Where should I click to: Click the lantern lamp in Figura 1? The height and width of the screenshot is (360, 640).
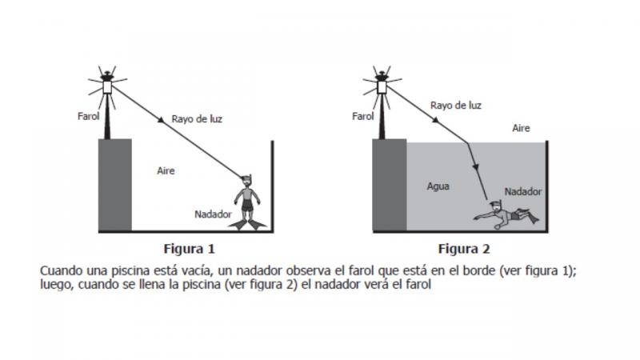pos(107,87)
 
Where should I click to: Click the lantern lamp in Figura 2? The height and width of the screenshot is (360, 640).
pos(382,87)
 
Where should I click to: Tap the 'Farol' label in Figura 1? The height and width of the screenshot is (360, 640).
pos(88,116)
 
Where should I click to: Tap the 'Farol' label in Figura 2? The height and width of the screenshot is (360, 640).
pos(363,116)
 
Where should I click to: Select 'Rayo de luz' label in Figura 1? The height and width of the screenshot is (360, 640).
pos(197,119)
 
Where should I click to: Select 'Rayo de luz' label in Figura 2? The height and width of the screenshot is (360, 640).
pos(455,106)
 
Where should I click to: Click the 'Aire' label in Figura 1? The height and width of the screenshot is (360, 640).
pos(166,170)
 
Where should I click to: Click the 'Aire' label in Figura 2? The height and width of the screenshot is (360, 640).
pos(521,128)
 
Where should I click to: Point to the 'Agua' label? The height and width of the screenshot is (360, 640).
pos(438,186)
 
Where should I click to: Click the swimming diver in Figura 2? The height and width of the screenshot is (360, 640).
pos(506,214)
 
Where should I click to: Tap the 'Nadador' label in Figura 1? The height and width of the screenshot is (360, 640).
pos(213,214)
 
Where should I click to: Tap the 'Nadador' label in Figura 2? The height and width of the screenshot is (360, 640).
pos(523,191)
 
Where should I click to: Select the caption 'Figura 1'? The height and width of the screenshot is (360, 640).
pos(189,249)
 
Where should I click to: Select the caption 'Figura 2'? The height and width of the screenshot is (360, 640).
pos(464,249)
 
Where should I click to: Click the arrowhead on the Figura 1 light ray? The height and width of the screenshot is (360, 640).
pos(162,120)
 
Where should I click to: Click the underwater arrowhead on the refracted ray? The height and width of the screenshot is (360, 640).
pos(475,166)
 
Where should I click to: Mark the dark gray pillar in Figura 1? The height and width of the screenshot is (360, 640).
pos(115,185)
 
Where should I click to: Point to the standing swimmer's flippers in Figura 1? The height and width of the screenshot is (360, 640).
pos(247,225)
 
